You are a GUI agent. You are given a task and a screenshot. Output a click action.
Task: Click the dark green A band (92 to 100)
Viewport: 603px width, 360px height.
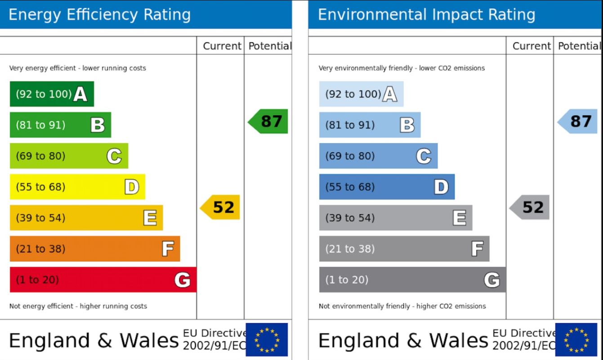52,94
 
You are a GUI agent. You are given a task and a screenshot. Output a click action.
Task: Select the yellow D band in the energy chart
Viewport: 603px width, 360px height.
77,187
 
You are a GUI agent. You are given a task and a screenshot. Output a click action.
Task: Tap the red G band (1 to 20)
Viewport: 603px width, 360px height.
103,279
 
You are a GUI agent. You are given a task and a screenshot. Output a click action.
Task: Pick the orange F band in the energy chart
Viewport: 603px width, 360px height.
94,249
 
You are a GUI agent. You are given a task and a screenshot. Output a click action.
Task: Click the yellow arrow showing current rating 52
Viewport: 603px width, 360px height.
220,207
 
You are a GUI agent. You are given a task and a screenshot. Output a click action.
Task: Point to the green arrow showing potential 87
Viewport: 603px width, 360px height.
268,121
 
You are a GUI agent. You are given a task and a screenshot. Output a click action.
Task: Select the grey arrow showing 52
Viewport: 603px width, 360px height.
530,207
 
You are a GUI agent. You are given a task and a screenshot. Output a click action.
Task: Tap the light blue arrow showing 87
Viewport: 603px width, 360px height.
578,121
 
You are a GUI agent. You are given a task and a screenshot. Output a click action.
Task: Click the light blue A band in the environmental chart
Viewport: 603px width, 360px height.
361,94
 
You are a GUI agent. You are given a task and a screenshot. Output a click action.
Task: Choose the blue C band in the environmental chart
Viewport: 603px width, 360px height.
378,156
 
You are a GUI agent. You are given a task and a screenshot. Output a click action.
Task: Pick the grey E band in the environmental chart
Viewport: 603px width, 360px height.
395,218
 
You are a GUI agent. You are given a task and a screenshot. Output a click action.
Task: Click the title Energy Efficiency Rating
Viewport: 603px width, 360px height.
99,15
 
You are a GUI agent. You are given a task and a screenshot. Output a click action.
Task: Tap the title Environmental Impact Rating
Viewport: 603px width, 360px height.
426,15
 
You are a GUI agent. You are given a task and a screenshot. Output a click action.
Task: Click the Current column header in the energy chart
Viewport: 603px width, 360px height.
222,46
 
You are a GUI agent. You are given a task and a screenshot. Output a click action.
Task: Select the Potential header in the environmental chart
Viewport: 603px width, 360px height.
579,46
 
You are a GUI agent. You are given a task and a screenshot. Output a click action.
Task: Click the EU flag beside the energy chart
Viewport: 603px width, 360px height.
267,340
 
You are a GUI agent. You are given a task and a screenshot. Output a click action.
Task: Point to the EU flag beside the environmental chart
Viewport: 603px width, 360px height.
576,340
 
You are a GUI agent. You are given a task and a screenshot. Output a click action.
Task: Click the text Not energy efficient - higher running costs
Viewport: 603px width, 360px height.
78,306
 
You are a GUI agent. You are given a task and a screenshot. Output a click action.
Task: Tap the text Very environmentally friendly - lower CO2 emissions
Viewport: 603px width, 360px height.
402,68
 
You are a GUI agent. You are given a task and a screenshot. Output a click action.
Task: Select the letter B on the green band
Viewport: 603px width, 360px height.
98,125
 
